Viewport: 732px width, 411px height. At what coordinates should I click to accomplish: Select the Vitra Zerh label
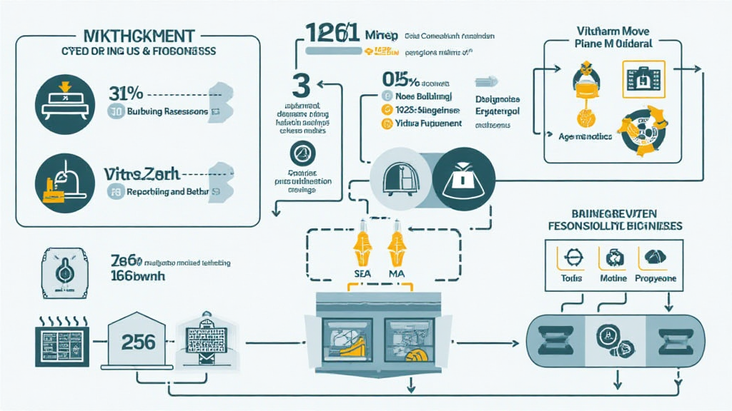[141, 173]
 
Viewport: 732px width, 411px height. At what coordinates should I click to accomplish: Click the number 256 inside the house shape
[139, 342]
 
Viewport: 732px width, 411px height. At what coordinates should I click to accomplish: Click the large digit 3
[301, 85]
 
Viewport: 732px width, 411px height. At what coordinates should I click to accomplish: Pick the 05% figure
[396, 80]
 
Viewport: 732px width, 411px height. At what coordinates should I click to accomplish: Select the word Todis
[572, 278]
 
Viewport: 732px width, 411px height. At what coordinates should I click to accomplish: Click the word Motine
[613, 278]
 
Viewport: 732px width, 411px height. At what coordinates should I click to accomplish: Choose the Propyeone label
[656, 278]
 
